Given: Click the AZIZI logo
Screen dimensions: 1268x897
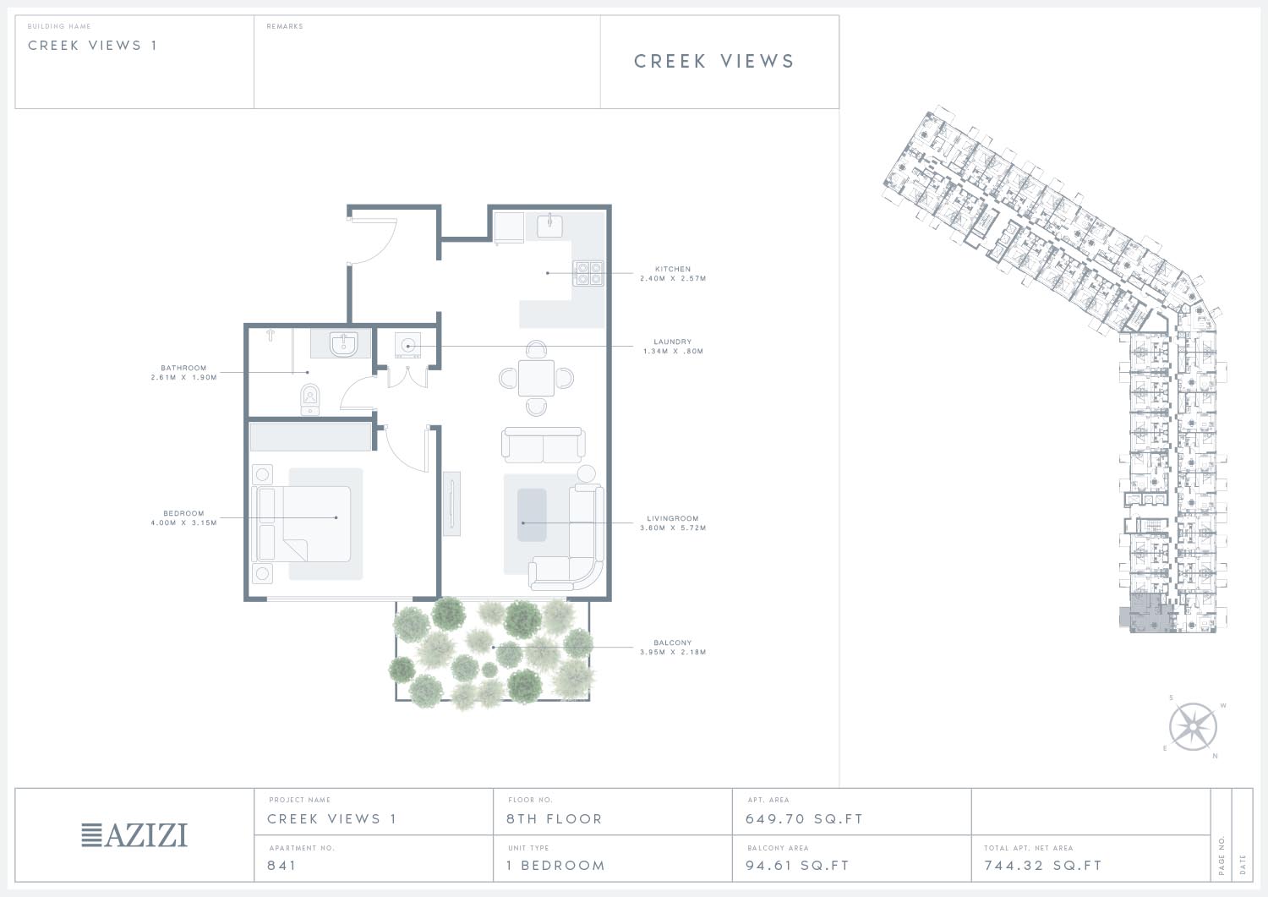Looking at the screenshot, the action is tap(134, 834).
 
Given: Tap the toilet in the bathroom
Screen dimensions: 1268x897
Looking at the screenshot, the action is tap(309, 400).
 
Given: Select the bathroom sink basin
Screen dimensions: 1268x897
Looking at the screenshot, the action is tap(343, 344).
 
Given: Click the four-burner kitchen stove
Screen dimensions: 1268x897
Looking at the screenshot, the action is tap(588, 273).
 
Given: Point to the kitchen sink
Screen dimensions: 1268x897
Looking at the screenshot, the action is tap(549, 225).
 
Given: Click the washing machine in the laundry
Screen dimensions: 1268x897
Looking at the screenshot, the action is tap(407, 345).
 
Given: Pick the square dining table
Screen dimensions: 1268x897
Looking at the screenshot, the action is tap(536, 378).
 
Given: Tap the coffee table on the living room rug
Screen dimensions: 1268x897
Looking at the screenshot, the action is tap(532, 515).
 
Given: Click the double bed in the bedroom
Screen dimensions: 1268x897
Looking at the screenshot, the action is tap(304, 524).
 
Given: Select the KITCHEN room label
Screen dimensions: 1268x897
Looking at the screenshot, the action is tap(673, 269).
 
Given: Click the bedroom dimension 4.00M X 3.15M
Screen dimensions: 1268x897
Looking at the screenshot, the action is tap(184, 522).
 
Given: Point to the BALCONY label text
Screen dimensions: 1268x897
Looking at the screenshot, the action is tap(673, 643).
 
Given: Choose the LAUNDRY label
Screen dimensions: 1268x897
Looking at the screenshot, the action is tap(673, 342).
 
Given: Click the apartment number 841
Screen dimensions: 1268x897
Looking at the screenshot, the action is tap(281, 865).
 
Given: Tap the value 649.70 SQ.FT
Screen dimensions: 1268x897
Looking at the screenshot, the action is tap(804, 819).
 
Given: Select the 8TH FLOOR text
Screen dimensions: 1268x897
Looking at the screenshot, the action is tap(555, 819).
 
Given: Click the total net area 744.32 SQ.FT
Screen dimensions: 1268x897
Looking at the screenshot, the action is tap(1042, 865).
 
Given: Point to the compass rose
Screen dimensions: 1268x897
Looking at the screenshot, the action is tap(1193, 726).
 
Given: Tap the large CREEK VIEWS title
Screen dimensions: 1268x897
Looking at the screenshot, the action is tap(713, 61).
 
